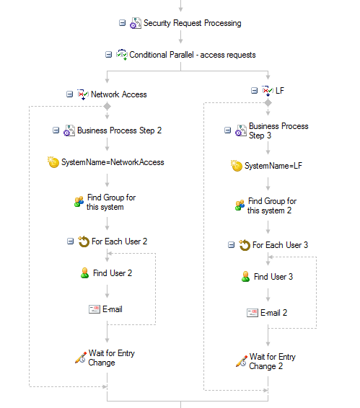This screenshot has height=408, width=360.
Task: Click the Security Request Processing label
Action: pos(192,23)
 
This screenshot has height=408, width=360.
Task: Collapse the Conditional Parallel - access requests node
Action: pos(108,55)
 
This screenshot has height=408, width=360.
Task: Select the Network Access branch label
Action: pos(119,94)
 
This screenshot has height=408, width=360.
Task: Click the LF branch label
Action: pos(280,91)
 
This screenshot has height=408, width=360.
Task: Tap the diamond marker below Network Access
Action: pos(107,106)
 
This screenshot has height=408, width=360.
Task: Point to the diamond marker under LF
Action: pos(268,103)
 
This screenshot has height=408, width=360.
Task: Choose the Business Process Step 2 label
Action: pos(119,130)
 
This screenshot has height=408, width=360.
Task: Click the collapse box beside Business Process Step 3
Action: pos(227,130)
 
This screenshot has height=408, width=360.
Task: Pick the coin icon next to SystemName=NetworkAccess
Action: pos(53,162)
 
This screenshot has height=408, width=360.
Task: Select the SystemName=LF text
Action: pos(273,166)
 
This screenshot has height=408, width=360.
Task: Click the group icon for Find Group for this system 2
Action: pos(240,205)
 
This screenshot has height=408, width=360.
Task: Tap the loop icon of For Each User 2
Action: pos(84,241)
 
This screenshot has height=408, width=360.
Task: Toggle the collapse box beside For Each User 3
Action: pos(231,245)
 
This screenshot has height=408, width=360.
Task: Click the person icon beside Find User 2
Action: pos(84,273)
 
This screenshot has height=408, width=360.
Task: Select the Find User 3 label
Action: pos(273,277)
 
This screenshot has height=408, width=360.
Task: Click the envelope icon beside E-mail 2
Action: pos(253,313)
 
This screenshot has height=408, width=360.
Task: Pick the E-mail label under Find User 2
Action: pos(113,309)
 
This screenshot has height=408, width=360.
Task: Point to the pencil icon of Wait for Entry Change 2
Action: pos(242,361)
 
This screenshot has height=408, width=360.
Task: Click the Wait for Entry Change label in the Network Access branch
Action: pos(111,358)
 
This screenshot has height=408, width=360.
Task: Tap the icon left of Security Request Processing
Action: pos(136,23)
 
